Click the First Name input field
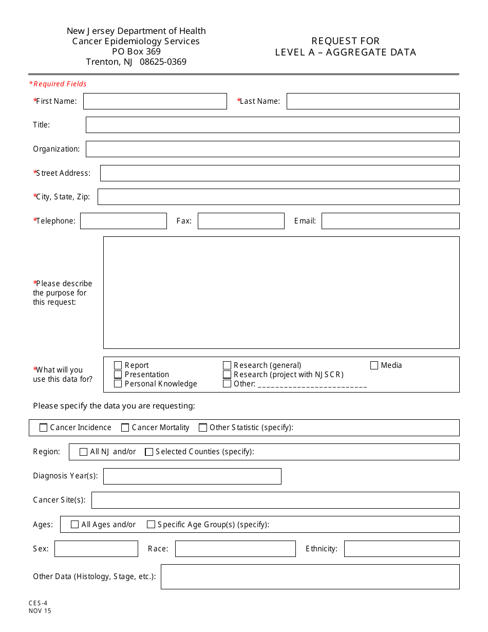click(x=155, y=101)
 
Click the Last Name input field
click(x=372, y=101)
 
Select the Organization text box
click(x=272, y=149)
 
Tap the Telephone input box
click(x=123, y=221)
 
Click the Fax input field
click(x=241, y=221)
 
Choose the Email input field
click(x=390, y=221)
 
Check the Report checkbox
click(x=118, y=366)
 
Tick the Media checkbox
click(x=374, y=366)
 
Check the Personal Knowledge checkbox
click(x=118, y=384)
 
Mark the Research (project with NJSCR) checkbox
click(x=227, y=375)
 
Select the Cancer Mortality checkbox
click(x=125, y=427)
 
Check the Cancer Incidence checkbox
click(x=44, y=427)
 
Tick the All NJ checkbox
click(x=84, y=452)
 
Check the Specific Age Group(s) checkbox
click(x=151, y=525)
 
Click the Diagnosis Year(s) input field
click(x=192, y=476)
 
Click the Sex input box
click(x=96, y=549)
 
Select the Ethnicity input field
click(x=401, y=549)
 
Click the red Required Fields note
click(x=58, y=84)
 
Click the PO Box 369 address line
click(x=136, y=51)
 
